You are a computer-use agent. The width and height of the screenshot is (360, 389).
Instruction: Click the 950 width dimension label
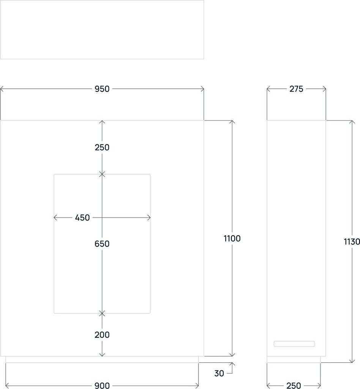[x=102, y=89]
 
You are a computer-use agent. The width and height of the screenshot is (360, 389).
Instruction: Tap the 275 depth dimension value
[x=296, y=89]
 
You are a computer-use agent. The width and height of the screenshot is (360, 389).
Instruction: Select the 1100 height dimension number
[x=232, y=239]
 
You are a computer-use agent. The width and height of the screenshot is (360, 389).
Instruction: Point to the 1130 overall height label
[x=352, y=242]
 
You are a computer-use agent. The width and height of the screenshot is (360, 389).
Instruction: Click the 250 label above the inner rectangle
[x=102, y=147]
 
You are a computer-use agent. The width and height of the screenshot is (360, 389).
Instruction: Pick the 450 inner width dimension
[x=82, y=218]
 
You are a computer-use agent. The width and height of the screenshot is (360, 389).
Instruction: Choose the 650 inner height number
[x=102, y=244]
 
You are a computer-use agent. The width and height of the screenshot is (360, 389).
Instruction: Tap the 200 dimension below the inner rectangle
[x=102, y=335]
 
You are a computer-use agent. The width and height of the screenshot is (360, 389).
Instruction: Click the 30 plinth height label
[x=219, y=373]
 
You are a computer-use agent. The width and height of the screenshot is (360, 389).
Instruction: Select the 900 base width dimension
[x=102, y=386]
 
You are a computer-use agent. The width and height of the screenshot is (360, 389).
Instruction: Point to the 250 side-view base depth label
[x=294, y=386]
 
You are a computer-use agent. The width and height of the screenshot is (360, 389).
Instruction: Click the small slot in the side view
[x=294, y=344]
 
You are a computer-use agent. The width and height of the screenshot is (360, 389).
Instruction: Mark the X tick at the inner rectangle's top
[x=102, y=174]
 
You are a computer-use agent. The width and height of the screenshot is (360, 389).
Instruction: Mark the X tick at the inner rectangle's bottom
[x=102, y=313]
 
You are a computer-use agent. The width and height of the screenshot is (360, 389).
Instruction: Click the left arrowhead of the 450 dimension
[x=55, y=218]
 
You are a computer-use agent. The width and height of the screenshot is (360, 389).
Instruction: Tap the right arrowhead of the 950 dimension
[x=202, y=89]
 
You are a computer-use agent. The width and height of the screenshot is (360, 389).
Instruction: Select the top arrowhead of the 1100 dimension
[x=232, y=122]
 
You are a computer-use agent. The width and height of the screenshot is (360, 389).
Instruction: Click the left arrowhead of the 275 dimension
[x=268, y=89]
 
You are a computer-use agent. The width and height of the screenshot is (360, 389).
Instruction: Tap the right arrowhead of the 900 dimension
[x=197, y=386]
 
